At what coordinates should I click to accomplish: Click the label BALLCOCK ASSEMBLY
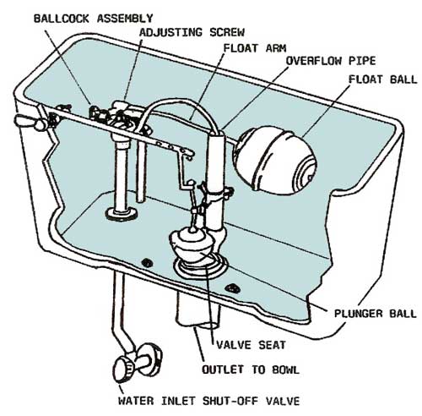[x=93, y=19]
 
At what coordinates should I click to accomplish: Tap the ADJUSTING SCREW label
[x=192, y=32]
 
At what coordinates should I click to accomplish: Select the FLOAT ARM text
[x=255, y=48]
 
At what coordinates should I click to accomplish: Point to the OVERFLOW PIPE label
[x=331, y=61]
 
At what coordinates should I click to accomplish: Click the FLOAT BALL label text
[x=383, y=79]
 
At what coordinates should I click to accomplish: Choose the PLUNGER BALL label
[x=375, y=314]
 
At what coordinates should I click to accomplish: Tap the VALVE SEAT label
[x=251, y=345]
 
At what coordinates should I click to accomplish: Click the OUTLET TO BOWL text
[x=251, y=369]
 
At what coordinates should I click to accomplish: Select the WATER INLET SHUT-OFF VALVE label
[x=209, y=401]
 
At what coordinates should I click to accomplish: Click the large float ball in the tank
[x=276, y=160]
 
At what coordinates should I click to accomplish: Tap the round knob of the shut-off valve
[x=123, y=369]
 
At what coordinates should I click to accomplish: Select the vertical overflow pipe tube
[x=216, y=180]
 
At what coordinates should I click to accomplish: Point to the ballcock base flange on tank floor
[x=122, y=214]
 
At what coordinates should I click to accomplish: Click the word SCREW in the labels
[x=227, y=32]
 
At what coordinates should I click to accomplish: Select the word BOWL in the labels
[x=285, y=369]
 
